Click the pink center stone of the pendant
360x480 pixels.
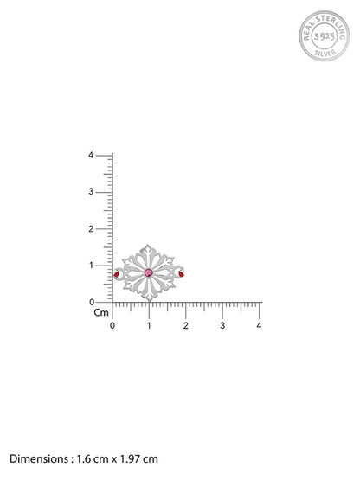[x=149, y=272]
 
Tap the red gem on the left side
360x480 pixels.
[x=117, y=274]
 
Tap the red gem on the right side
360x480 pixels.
[x=182, y=274]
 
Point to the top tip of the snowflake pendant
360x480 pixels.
[x=148, y=245]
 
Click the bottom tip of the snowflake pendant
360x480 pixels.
[x=149, y=301]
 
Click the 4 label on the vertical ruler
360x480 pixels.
[x=91, y=155]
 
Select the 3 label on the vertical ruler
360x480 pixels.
[x=91, y=192]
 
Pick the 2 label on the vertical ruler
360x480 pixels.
[x=91, y=228]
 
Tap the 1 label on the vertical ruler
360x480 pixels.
[x=91, y=266]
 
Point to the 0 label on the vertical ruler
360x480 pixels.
[x=92, y=302]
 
